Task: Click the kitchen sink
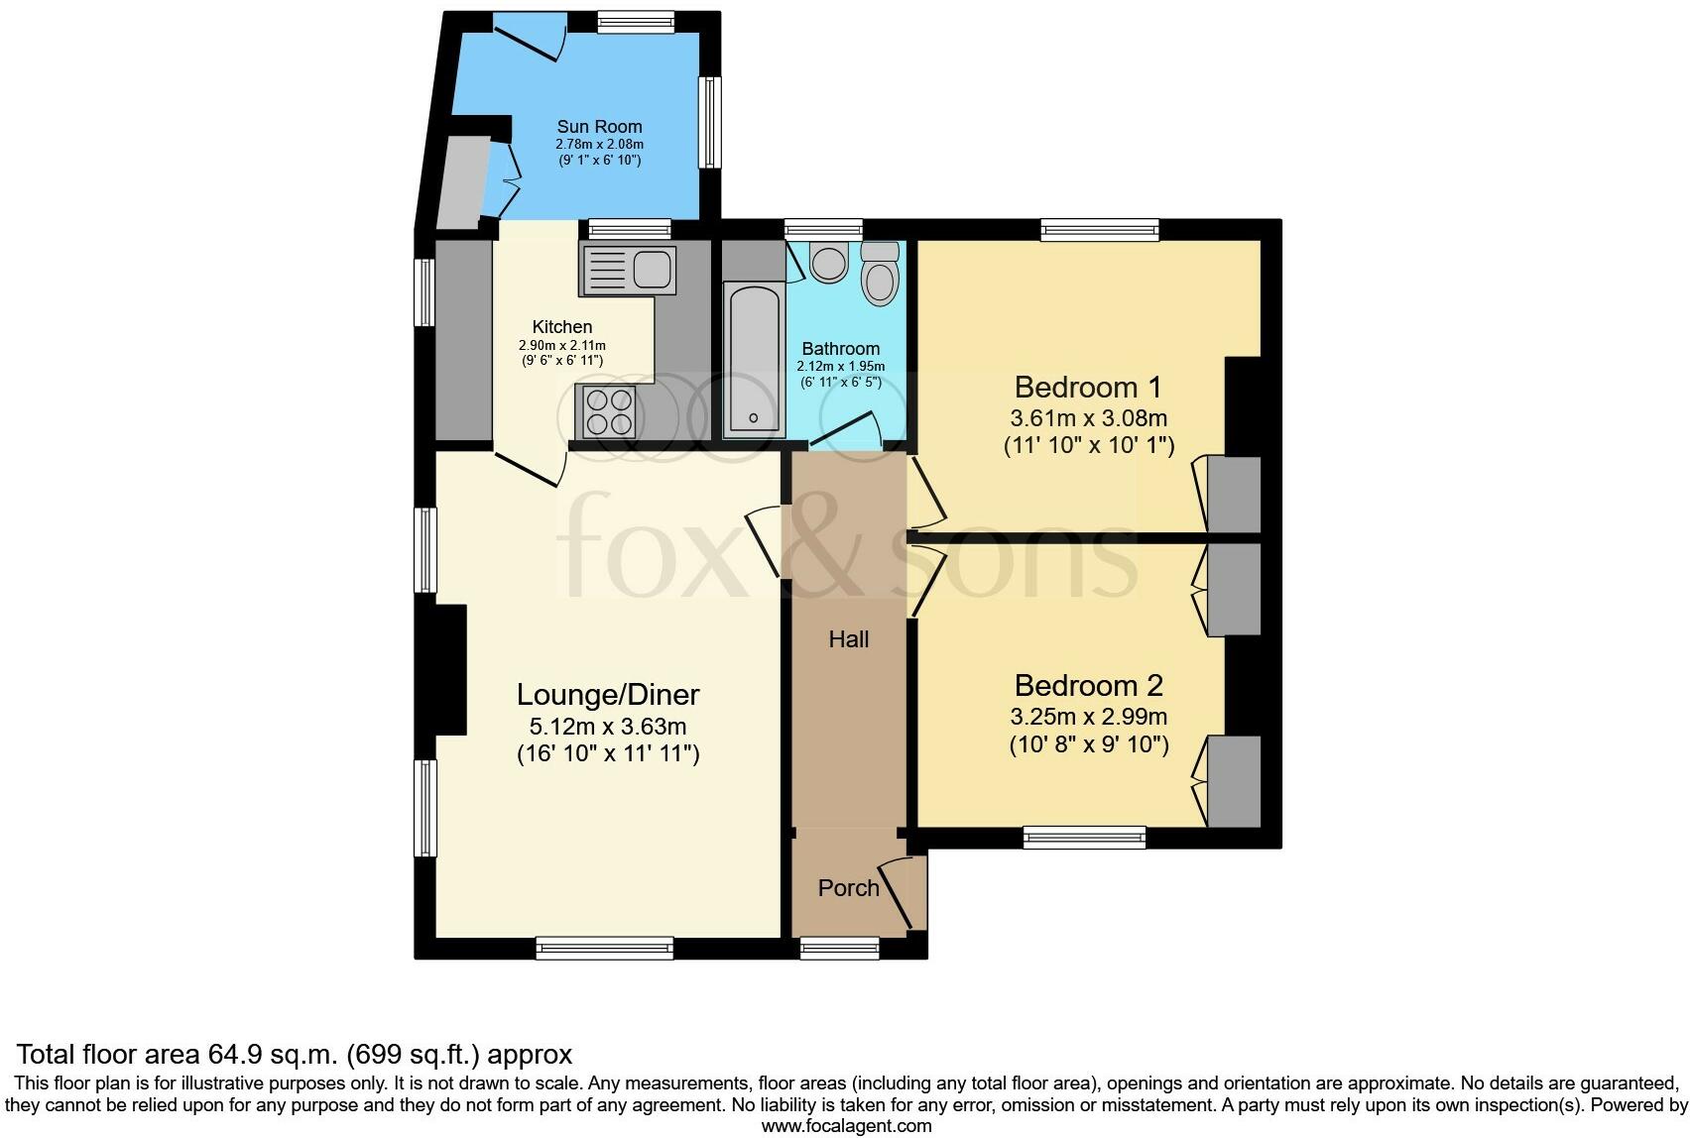click(x=628, y=269)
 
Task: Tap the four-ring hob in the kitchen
click(x=609, y=412)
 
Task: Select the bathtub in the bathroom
click(x=753, y=359)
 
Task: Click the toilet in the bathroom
click(x=880, y=274)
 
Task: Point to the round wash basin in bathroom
click(x=826, y=263)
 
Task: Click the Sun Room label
click(x=599, y=127)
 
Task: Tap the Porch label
click(x=848, y=888)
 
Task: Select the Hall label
click(x=848, y=640)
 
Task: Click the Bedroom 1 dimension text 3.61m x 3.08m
click(x=1088, y=418)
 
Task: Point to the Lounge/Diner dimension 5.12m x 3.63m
click(x=607, y=727)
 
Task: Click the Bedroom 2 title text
click(x=1088, y=685)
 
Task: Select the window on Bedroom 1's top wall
click(x=1100, y=230)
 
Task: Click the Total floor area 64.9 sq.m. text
click(x=295, y=1054)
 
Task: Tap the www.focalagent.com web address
click(x=845, y=1126)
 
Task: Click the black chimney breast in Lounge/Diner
click(x=450, y=670)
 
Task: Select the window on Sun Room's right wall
click(x=710, y=122)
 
